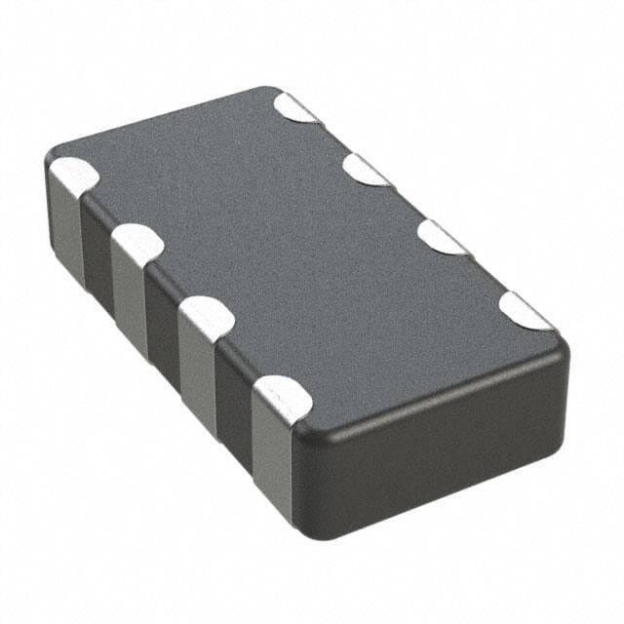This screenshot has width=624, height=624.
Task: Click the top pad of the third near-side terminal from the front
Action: click(137, 244)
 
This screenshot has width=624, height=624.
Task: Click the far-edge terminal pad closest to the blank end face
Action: click(526, 310)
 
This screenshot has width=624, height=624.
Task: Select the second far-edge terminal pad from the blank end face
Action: click(444, 237)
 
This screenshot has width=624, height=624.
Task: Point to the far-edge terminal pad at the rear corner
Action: click(294, 106)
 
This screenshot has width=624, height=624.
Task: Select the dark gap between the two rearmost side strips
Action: click(97, 258)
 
